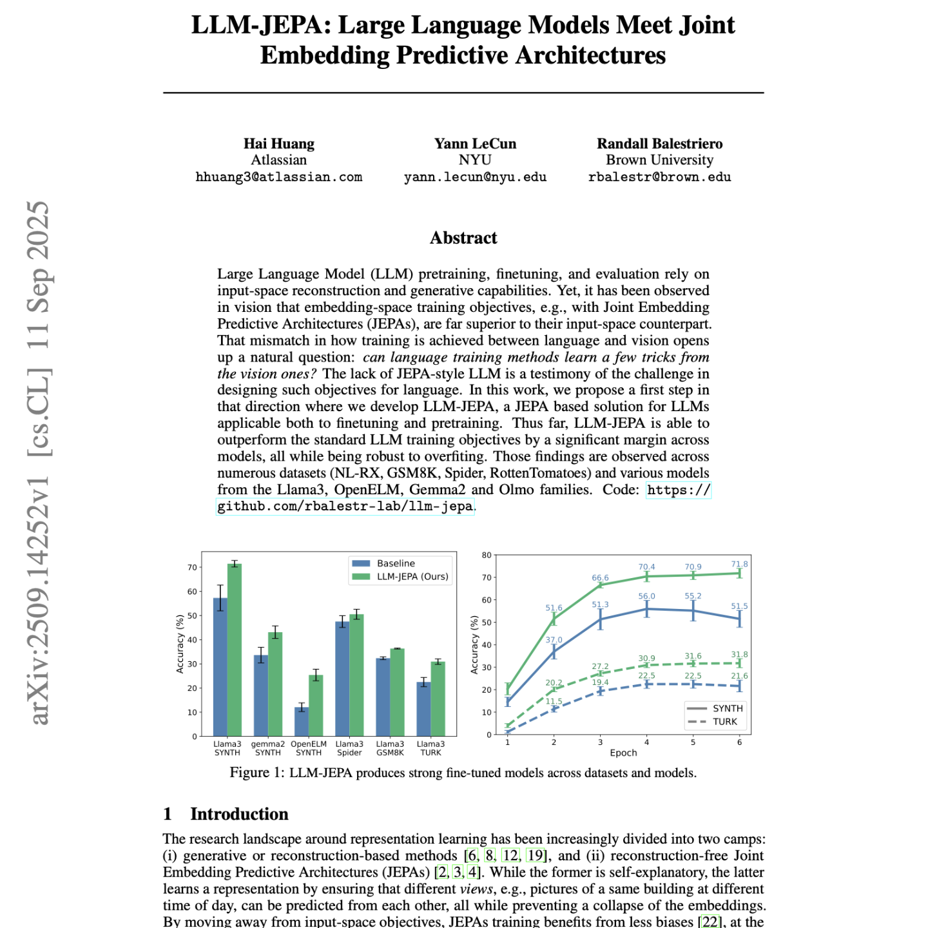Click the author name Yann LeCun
point(475,144)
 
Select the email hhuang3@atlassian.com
point(278,177)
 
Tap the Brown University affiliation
point(659,160)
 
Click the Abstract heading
point(463,238)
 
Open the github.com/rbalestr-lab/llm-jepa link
point(345,507)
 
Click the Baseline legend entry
point(395,563)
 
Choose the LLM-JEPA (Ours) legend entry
point(412,577)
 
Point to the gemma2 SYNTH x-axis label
point(268,748)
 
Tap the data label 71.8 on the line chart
point(739,564)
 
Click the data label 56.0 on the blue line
point(646,597)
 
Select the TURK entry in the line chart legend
point(724,722)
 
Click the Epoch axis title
point(623,753)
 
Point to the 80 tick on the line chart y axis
point(487,555)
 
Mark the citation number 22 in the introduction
point(710,922)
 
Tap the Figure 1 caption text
point(463,773)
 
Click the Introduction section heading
point(238,814)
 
